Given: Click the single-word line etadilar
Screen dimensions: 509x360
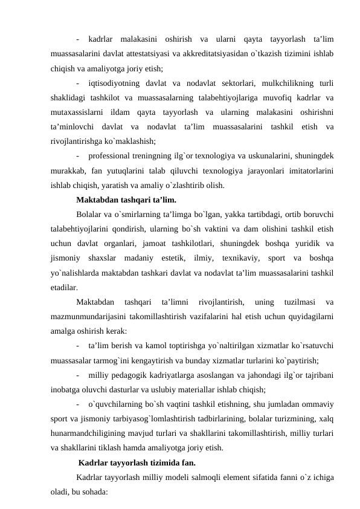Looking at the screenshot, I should (65, 288).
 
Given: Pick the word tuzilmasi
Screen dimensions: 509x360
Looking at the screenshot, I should (298, 302).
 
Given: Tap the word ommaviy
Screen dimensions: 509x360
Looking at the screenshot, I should (320, 404).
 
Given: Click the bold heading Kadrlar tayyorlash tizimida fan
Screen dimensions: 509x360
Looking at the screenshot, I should (137, 464).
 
